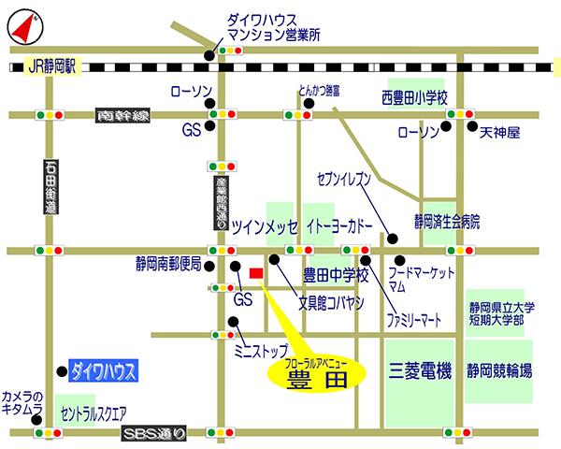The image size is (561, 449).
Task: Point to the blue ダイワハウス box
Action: tap(103, 371)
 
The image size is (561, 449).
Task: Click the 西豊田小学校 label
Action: tap(415, 97)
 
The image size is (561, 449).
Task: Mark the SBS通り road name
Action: tap(155, 434)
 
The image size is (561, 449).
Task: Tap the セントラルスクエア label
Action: tap(93, 412)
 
